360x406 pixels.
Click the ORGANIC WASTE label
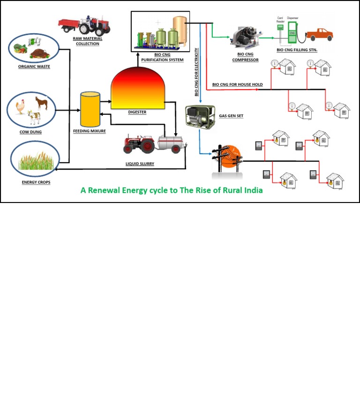tap(34, 67)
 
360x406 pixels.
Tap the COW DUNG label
tap(31, 132)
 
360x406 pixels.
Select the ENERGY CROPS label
tap(36, 181)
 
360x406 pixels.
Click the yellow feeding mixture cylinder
tap(90, 109)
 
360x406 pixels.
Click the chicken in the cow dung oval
tap(21, 107)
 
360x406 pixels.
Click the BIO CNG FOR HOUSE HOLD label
tap(237, 85)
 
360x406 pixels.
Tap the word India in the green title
tap(251, 190)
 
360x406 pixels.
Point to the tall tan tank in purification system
tap(180, 32)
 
